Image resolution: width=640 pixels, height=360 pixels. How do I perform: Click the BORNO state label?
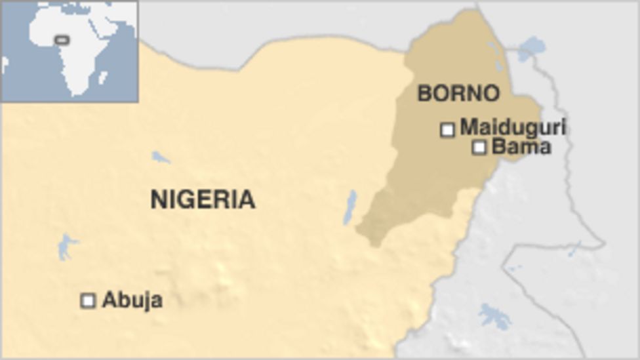click(x=458, y=93)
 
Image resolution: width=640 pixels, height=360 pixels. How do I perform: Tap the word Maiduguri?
click(x=512, y=127)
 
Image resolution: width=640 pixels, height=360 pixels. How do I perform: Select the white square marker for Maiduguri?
click(x=447, y=130)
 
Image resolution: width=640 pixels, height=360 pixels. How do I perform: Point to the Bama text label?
click(x=521, y=146)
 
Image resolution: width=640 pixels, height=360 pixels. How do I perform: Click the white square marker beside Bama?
click(x=479, y=148)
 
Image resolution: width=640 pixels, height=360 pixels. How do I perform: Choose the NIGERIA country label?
click(x=203, y=199)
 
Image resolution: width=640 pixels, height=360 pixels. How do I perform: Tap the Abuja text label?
click(x=132, y=300)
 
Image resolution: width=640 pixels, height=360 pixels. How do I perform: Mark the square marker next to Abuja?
click(x=88, y=300)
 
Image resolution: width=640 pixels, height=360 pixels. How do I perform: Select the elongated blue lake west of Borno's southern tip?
click(x=350, y=207)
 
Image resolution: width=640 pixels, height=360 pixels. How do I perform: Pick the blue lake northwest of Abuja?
click(x=66, y=247)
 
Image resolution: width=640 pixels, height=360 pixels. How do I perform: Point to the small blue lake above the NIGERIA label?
click(x=161, y=157)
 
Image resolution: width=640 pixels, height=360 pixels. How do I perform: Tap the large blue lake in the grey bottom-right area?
click(x=495, y=316)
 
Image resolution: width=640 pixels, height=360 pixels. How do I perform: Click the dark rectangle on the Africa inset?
click(x=62, y=40)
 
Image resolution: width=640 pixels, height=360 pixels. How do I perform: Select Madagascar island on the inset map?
click(x=103, y=77)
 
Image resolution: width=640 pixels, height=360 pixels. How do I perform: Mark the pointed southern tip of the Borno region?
click(x=374, y=244)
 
